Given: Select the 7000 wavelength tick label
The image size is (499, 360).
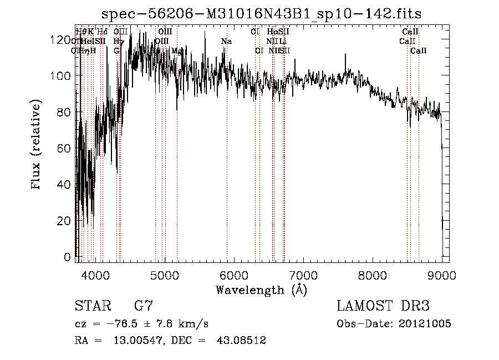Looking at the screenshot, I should pyautogui.click(x=303, y=275).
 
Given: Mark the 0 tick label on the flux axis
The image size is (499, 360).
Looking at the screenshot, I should pyautogui.click(x=68, y=257).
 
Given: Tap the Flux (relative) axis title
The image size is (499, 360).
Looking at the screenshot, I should pyautogui.click(x=37, y=145).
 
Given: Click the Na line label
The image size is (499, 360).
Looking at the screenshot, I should pyautogui.click(x=226, y=41).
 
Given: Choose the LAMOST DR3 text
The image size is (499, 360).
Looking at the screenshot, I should pyautogui.click(x=383, y=306).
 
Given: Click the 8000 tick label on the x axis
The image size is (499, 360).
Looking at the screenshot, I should pyautogui.click(x=372, y=275).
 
